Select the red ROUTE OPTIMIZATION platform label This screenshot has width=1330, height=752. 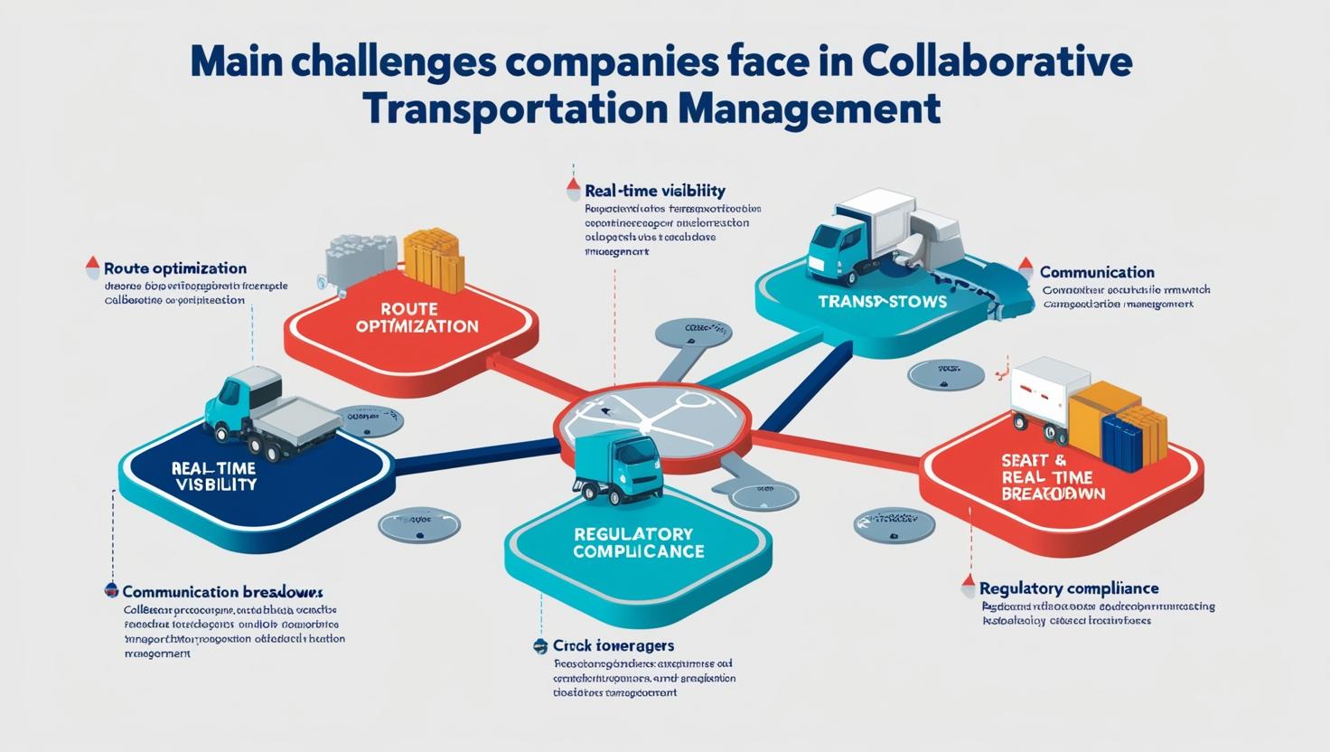[417, 317]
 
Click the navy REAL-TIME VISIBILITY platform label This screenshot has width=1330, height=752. [213, 475]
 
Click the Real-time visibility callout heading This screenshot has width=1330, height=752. [654, 191]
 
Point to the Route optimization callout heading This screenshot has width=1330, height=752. [175, 268]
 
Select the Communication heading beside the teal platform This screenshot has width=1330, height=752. [1097, 272]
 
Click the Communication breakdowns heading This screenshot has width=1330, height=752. [222, 592]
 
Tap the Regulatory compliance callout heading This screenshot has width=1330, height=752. [1069, 588]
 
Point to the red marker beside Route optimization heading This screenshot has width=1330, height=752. [92, 267]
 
